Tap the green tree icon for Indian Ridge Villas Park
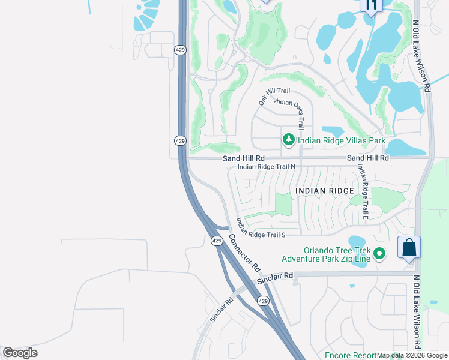tap(289, 140)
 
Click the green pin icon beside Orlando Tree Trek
tap(379, 254)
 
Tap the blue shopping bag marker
tap(409, 248)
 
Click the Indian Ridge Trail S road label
tap(260, 227)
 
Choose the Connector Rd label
tap(244, 252)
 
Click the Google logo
tap(20, 353)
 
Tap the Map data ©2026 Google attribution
tap(412, 356)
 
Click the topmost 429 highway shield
tap(180, 50)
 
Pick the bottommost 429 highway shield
tap(262, 300)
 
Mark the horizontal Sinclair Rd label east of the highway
tap(275, 277)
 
